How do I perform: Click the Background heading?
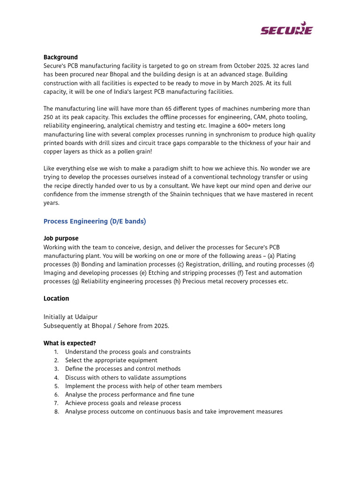point(60,57)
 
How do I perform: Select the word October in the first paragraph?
point(246,66)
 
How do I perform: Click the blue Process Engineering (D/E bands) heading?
point(95,221)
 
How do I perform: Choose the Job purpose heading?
point(61,239)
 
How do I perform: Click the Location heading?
point(56,299)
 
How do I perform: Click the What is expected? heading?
point(70,344)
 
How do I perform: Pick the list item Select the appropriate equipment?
point(111,360)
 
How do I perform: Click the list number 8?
point(56,412)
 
